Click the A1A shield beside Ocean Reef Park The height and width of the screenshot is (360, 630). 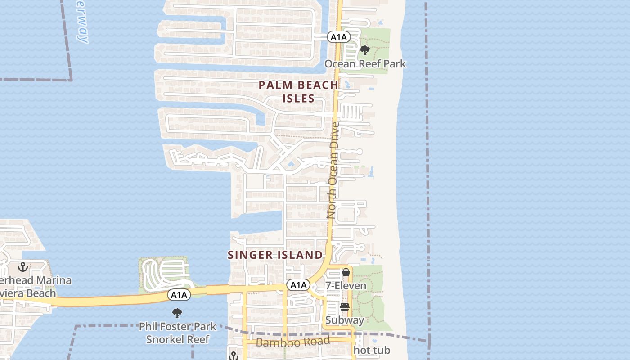338,37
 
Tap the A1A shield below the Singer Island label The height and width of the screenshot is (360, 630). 298,285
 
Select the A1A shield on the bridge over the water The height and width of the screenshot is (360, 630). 179,295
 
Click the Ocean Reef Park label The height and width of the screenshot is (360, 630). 365,64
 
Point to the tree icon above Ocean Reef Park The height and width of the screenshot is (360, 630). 365,50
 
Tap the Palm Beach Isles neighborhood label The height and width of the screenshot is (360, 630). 298,91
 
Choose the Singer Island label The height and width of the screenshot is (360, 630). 275,255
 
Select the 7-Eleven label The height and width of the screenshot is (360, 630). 346,286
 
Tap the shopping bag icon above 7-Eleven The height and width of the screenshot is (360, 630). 346,273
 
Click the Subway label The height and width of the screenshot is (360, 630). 345,320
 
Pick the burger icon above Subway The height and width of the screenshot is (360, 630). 345,307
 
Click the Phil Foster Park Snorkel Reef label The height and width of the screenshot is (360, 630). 177,333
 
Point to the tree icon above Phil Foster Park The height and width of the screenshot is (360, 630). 177,313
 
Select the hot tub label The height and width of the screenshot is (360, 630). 372,350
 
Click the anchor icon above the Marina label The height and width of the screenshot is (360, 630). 22,267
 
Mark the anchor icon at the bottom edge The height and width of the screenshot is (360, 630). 233,356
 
